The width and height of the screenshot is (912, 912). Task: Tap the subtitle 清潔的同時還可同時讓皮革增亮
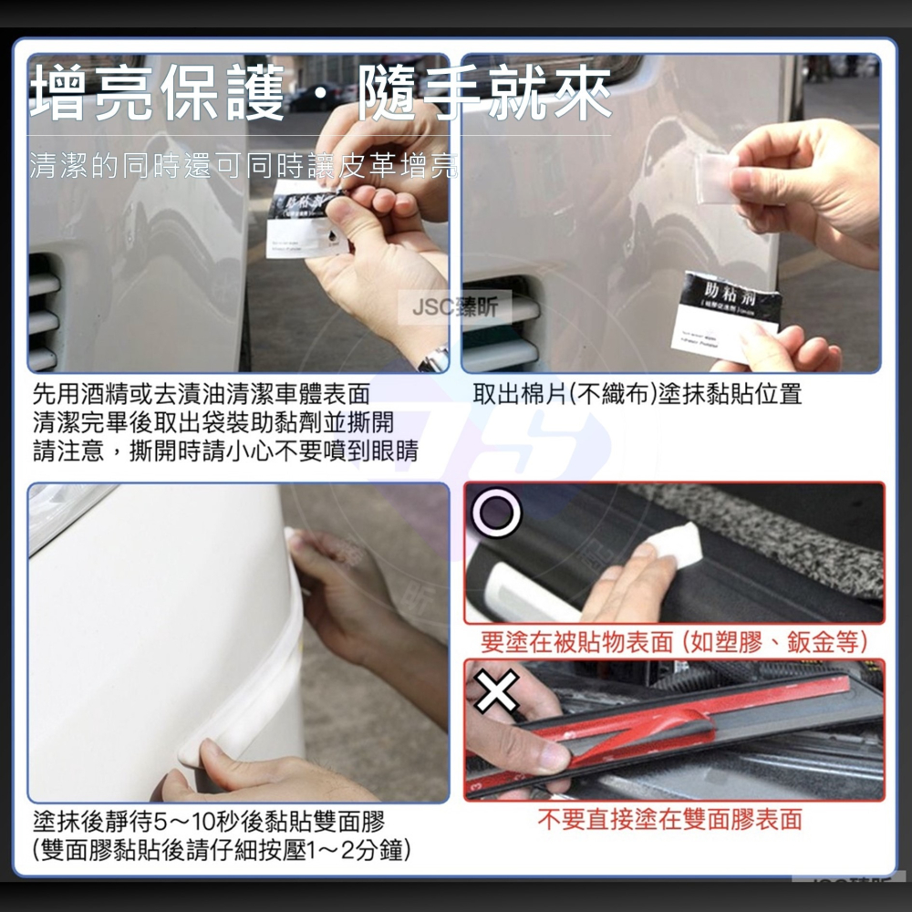click(244, 166)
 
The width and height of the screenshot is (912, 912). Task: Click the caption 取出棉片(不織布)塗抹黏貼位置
click(637, 394)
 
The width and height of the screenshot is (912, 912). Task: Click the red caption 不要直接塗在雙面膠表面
click(669, 819)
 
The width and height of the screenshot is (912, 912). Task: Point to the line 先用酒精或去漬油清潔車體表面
click(202, 394)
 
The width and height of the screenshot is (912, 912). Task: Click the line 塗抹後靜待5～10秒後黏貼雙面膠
click(209, 819)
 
